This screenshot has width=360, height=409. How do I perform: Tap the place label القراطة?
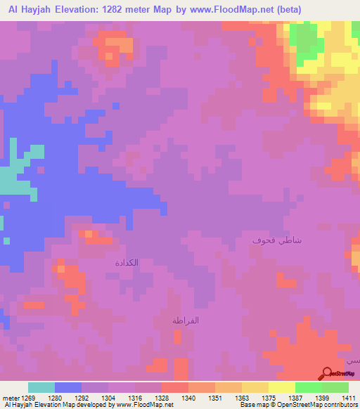pyautogui.click(x=188, y=320)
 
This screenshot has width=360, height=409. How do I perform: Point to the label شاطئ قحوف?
pyautogui.click(x=278, y=240)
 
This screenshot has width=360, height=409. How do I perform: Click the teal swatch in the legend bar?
pyautogui.click(x=41, y=387)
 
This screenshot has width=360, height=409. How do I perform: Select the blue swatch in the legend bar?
pyautogui.click(x=67, y=387)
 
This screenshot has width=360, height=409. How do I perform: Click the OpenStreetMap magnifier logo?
pyautogui.click(x=327, y=373)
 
